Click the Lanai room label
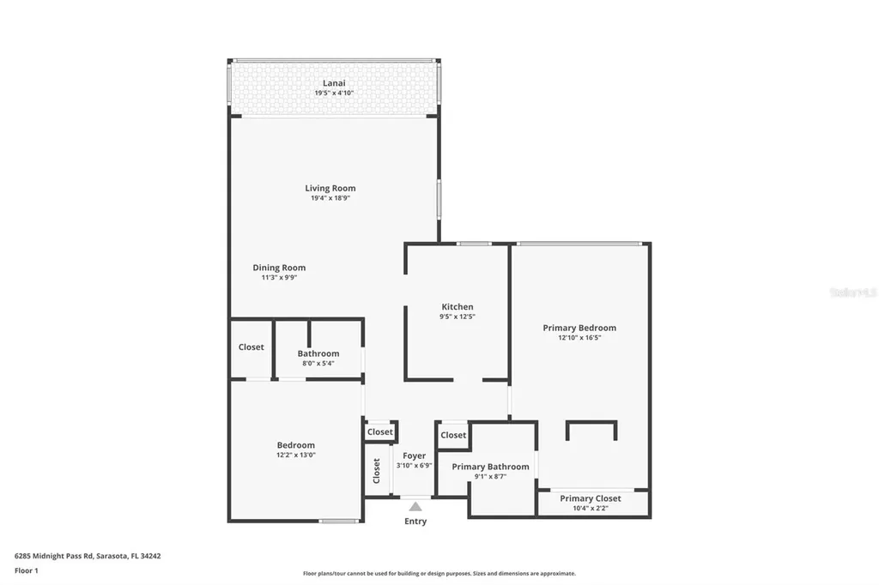[334, 83]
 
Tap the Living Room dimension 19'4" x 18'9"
[330, 198]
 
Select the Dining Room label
[279, 268]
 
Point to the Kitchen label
[458, 306]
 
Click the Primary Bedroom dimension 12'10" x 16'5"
[579, 338]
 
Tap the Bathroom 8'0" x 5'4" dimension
[318, 364]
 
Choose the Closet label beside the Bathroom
[252, 347]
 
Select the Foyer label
[414, 455]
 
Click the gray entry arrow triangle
[415, 506]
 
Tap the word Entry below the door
[415, 522]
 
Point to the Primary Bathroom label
[490, 467]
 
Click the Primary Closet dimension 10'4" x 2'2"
[591, 509]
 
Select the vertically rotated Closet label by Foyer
[376, 470]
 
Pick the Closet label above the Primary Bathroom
[453, 435]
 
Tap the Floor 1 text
[27, 570]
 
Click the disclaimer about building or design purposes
[439, 574]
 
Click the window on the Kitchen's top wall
[473, 244]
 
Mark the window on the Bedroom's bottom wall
[338, 520]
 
